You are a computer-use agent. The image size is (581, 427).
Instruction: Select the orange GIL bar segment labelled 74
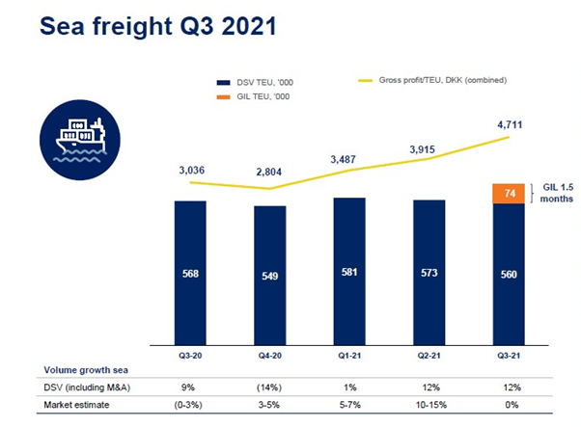tap(508, 194)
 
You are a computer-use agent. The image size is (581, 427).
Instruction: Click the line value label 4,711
tap(509, 123)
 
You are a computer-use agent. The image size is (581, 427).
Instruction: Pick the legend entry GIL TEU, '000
tap(261, 96)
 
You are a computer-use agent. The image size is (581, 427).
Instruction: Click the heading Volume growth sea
tap(84, 370)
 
